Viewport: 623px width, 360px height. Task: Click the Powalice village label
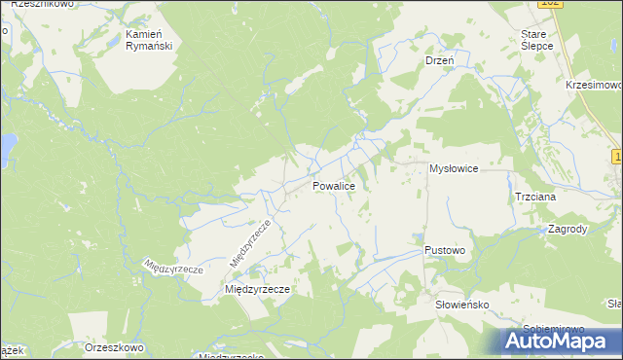340,186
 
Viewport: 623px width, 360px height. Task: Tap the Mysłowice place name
454,169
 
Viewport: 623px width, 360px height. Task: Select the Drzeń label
441,60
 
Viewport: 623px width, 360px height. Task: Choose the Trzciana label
535,197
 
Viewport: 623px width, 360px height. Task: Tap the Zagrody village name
567,230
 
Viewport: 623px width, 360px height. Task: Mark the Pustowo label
445,250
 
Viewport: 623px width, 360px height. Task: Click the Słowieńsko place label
461,305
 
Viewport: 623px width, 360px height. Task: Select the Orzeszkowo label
114,347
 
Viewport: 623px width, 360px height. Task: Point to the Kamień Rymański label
149,39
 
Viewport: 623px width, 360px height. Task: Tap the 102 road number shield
550,4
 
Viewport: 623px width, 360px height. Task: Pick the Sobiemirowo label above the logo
552,327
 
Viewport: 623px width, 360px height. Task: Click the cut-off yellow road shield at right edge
618,156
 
